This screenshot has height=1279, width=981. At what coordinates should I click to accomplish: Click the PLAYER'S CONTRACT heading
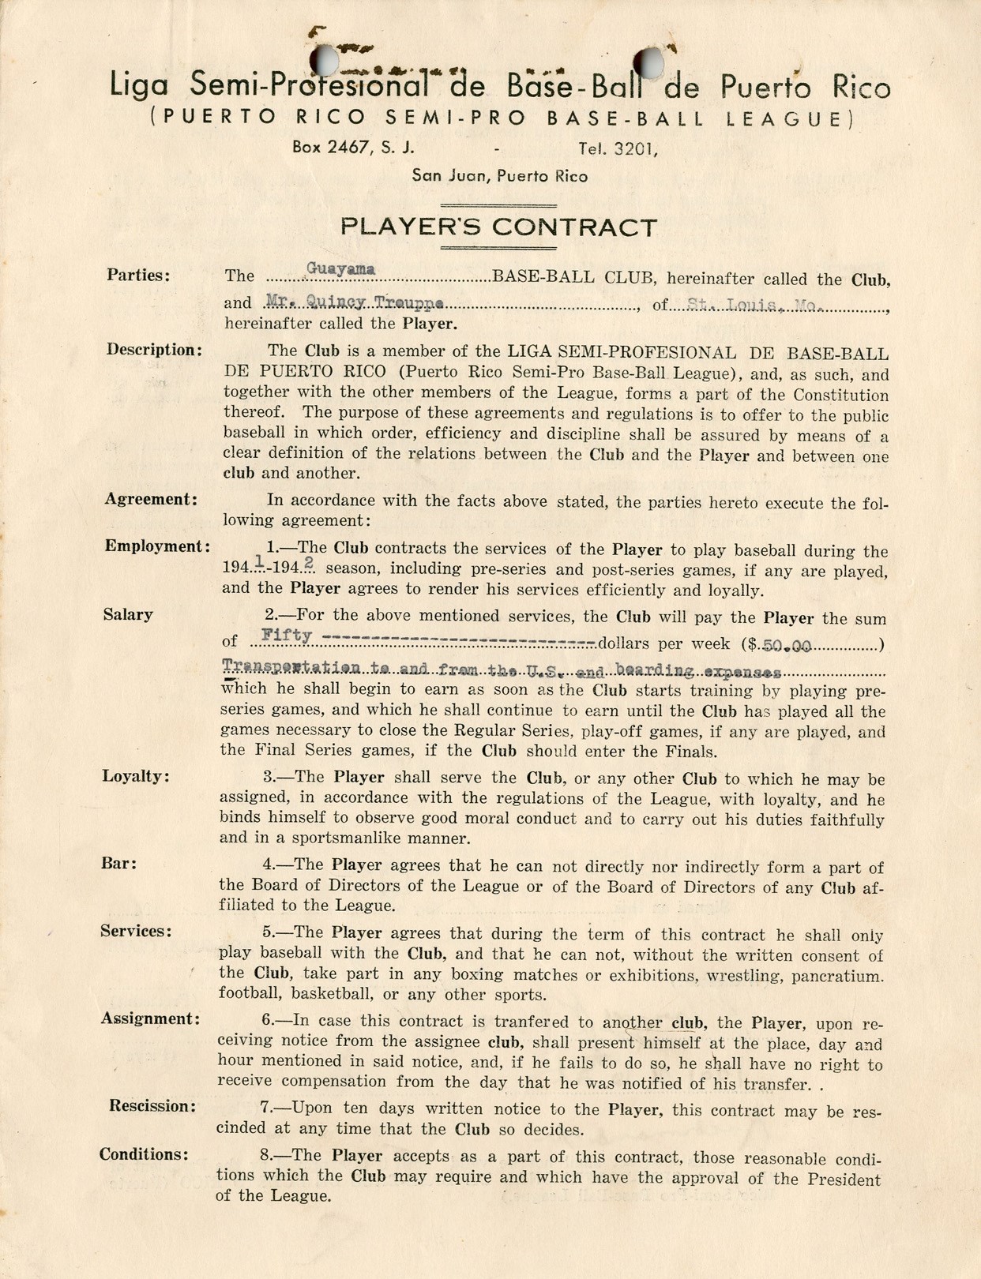pos(498,228)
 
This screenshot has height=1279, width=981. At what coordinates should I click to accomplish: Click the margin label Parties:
pos(138,276)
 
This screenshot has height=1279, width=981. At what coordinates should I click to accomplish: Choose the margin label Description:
pos(154,350)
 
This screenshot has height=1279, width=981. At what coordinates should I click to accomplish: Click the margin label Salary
pos(128,615)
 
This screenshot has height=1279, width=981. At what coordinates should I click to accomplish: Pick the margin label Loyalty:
pos(136,776)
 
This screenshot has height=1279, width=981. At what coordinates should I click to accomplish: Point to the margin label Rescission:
pos(152,1106)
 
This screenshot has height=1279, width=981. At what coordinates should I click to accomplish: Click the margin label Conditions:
pos(144,1154)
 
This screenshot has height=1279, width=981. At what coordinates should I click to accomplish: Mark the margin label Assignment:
pos(150,1018)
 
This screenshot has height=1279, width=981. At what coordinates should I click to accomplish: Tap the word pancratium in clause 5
pos(837,976)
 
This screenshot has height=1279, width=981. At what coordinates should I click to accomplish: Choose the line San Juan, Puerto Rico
pos(499,176)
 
